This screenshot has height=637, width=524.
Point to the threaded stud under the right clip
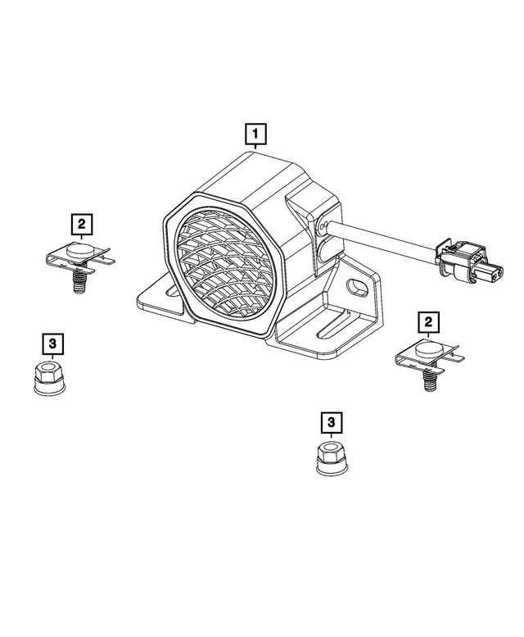pos(428,380)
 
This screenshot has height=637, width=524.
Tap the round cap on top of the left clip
pos(79,247)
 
